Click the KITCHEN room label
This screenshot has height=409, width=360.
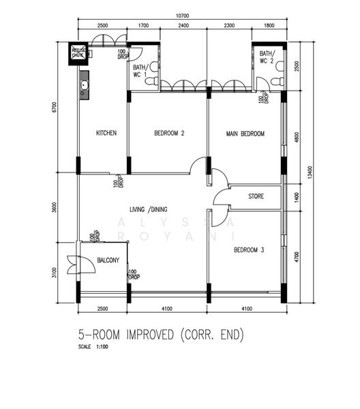coord(106,134)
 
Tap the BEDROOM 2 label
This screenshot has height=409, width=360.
coord(169,134)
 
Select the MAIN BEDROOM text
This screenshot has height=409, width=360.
coord(245,134)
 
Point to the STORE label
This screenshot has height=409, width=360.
coord(256,197)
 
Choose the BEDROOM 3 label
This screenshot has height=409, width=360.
coord(248,250)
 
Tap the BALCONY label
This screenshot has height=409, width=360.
coord(108,260)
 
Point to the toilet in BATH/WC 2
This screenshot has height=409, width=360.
coord(275,81)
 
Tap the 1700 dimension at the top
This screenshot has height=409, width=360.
coord(143,25)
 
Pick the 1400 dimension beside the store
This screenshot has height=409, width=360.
coord(296,197)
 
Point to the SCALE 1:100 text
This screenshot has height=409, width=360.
coord(93,347)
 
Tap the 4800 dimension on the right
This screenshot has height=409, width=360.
coord(296,136)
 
